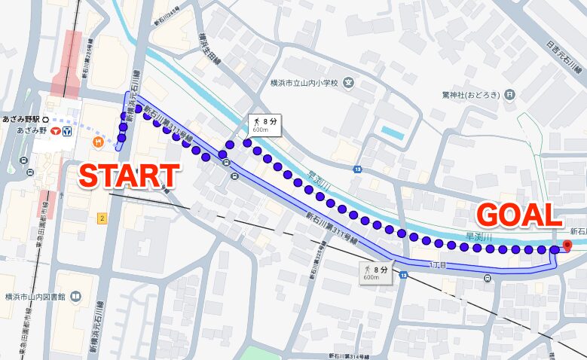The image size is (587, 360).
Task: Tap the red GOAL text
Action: click(x=519, y=215)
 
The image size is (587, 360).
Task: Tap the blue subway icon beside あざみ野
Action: click(x=67, y=130)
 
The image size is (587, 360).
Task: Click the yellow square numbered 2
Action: click(x=101, y=218)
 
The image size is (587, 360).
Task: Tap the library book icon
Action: click(x=75, y=296)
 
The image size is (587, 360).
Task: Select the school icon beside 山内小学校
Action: click(x=348, y=83)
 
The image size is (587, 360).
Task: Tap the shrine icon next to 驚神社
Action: click(x=510, y=95)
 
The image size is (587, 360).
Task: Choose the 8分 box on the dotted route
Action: click(x=265, y=124)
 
